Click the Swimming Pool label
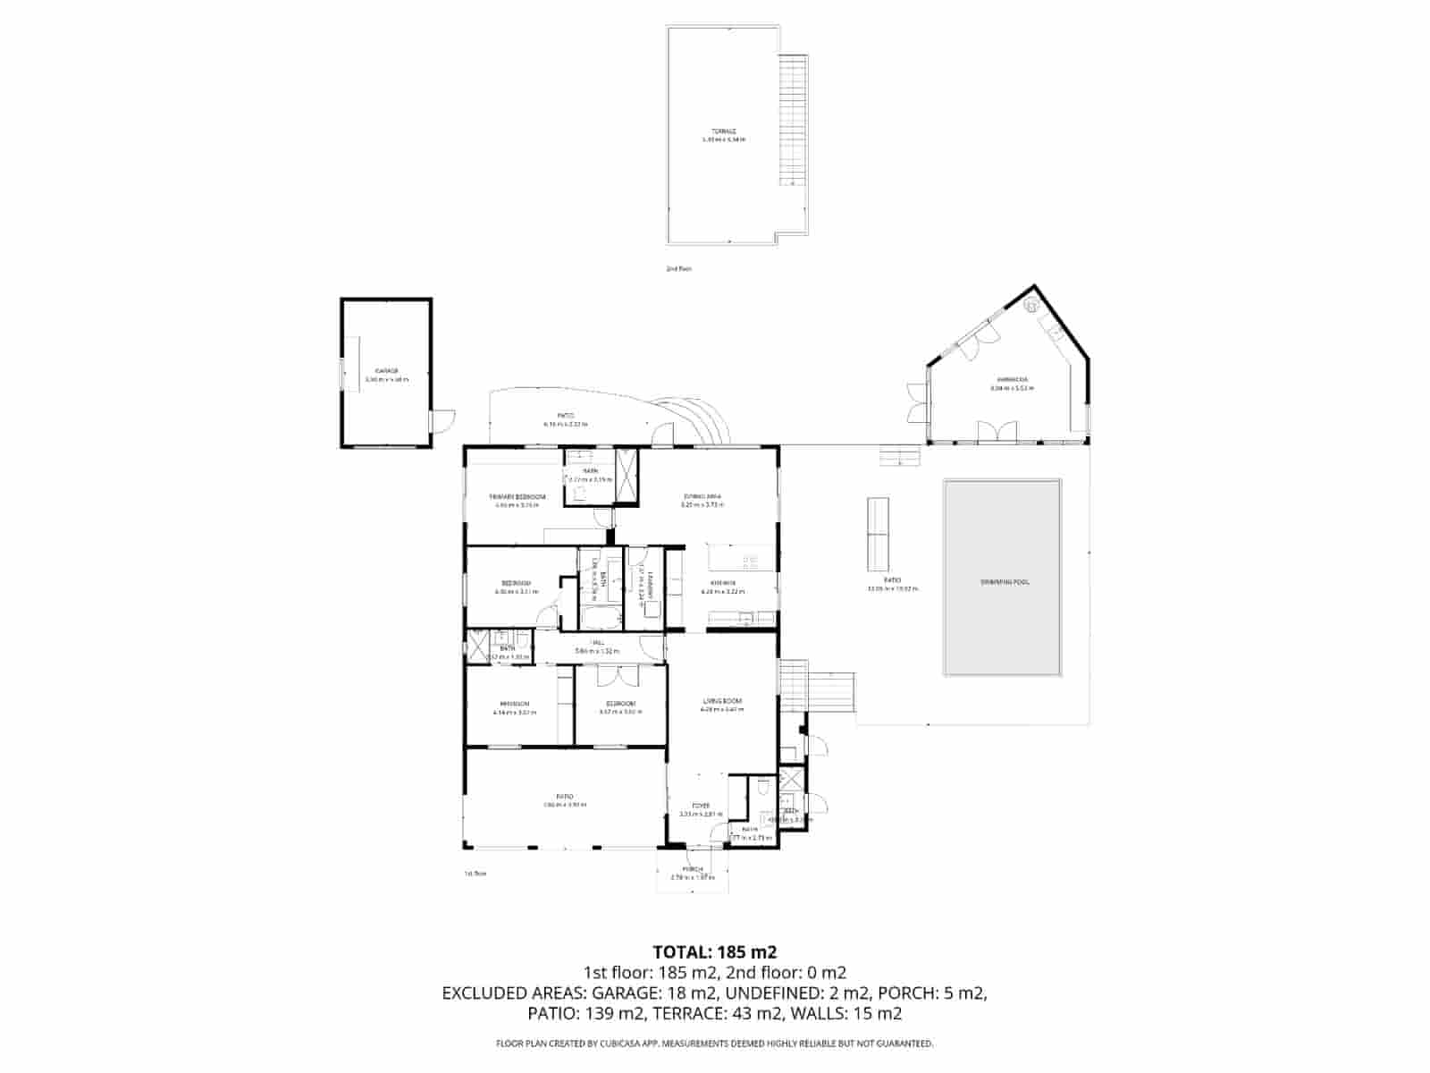click(x=1004, y=582)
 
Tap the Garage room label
click(x=386, y=370)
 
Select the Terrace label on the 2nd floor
click(x=724, y=131)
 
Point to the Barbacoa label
click(x=1009, y=380)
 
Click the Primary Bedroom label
click(x=517, y=496)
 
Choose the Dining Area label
click(x=702, y=496)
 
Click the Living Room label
click(x=722, y=701)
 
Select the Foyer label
click(x=700, y=806)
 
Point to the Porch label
click(x=693, y=869)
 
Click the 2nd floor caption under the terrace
click(x=679, y=268)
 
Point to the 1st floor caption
click(x=475, y=874)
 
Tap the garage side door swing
click(x=443, y=420)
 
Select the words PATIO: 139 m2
click(x=583, y=1013)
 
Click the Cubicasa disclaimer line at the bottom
click(x=715, y=1043)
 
